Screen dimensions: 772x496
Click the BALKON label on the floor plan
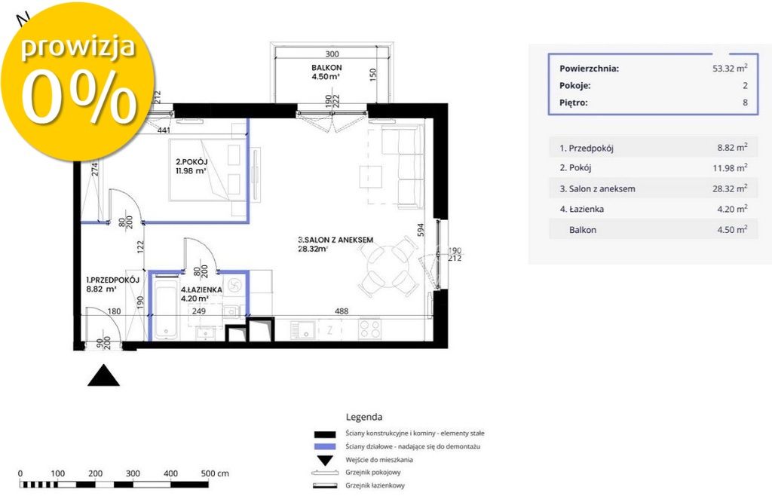[x=326, y=67]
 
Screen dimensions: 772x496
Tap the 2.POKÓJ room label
[x=191, y=162]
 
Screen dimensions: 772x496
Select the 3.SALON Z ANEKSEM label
[x=335, y=240]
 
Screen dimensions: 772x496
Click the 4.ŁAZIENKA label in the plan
[x=201, y=290]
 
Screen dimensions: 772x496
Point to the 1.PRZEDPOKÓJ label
[x=113, y=280]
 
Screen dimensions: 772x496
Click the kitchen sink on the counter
[x=302, y=329]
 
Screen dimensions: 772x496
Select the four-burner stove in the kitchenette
[x=369, y=329]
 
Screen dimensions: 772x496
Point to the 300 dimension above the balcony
[x=332, y=54]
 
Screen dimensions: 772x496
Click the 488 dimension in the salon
[x=342, y=311]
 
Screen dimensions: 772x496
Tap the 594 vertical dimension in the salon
[x=421, y=230]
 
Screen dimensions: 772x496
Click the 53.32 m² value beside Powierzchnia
[x=730, y=69]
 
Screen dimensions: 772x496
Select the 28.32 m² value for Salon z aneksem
[x=730, y=188]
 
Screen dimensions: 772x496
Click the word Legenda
[x=364, y=418]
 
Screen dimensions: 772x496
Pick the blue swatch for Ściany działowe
[x=325, y=447]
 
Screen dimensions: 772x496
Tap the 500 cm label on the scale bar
[x=215, y=473]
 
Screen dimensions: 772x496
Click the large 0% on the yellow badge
[x=78, y=97]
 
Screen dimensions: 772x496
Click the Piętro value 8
[x=745, y=103]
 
